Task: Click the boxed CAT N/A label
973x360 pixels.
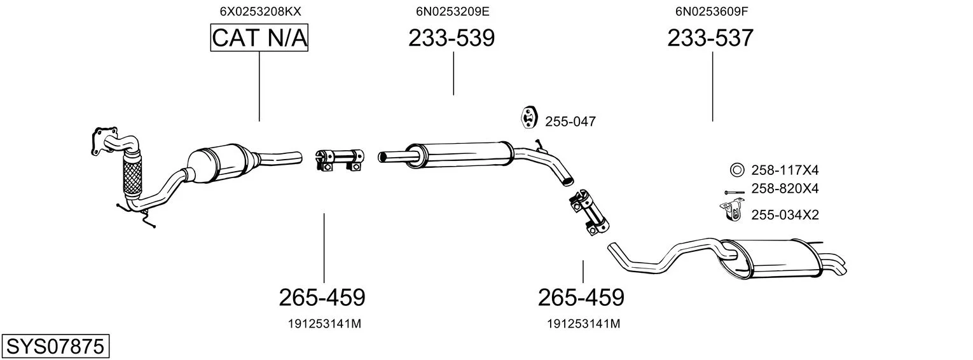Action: pos(259,38)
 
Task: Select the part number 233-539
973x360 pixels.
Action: pos(452,38)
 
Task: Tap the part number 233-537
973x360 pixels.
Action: pos(710,38)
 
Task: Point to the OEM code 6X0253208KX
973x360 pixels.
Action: pos(260,11)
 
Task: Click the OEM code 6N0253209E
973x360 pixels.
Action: pos(453,11)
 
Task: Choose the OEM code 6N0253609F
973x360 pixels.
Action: pos(712,11)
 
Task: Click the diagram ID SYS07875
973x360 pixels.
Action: pos(55,347)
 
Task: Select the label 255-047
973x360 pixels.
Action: pos(570,121)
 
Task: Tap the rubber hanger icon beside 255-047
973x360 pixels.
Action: pos(528,116)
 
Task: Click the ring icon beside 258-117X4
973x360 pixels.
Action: pos(736,170)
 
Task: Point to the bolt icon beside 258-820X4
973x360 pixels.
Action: pos(734,192)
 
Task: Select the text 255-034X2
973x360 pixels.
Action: pos(785,215)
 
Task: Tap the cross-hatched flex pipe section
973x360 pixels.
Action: pos(132,177)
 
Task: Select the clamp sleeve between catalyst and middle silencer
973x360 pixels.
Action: pos(340,160)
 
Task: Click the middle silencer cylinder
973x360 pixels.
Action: pos(460,154)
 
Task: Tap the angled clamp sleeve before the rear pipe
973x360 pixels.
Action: pos(589,212)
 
